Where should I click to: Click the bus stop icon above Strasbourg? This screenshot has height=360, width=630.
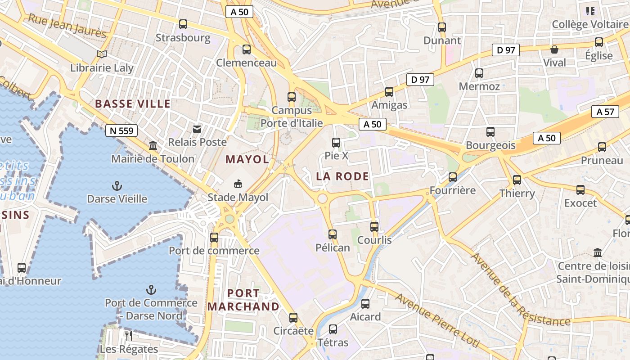tap(183, 24)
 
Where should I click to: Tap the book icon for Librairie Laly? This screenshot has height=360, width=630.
tap(102, 54)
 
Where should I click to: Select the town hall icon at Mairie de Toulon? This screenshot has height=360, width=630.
tap(153, 146)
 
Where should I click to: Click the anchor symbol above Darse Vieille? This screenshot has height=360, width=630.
tap(117, 185)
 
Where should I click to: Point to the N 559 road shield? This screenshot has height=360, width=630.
tap(121, 130)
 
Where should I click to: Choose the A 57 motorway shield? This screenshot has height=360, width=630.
tap(605, 112)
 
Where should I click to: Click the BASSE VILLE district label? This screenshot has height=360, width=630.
tap(133, 104)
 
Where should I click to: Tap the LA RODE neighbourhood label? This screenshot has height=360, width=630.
tap(342, 176)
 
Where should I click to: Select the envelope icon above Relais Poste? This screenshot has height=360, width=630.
tap(197, 130)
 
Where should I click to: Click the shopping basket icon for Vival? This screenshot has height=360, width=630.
tap(554, 49)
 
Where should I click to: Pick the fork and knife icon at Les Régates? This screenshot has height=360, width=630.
tap(129, 335)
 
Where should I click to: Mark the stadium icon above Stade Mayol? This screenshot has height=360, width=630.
tap(238, 184)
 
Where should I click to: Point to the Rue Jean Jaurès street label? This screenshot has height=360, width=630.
tap(67, 26)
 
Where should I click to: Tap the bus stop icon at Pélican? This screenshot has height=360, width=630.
tap(333, 234)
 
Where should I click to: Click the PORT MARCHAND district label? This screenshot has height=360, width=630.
tap(243, 300)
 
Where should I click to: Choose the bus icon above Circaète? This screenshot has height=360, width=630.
tap(293, 318)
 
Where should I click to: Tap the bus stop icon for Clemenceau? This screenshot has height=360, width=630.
tap(246, 49)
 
